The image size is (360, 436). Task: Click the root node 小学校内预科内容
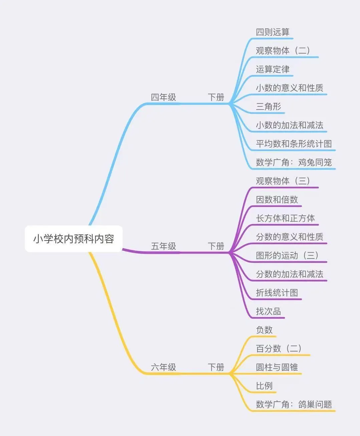click(74, 239)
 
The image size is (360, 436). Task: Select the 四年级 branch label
click(163, 97)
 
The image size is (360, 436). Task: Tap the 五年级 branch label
click(163, 246)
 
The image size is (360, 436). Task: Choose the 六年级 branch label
click(163, 367)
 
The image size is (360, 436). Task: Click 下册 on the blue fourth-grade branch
click(216, 97)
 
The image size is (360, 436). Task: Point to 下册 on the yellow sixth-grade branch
click(216, 367)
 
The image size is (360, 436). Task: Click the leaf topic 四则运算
click(273, 32)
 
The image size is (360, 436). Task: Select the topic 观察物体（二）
click(283, 51)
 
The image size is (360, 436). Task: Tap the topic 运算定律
click(273, 69)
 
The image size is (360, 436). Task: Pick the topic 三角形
click(269, 107)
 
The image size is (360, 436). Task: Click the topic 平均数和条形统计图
click(294, 144)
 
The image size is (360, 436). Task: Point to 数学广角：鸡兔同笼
click(294, 163)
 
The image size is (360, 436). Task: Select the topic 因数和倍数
click(277, 200)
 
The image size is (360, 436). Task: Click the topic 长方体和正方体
click(285, 218)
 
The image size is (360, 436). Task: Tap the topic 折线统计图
click(277, 293)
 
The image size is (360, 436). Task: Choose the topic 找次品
click(269, 312)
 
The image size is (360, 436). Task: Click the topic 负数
click(264, 330)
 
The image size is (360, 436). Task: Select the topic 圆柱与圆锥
click(277, 367)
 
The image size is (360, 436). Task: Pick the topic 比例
click(264, 386)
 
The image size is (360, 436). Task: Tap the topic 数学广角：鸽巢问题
click(294, 405)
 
